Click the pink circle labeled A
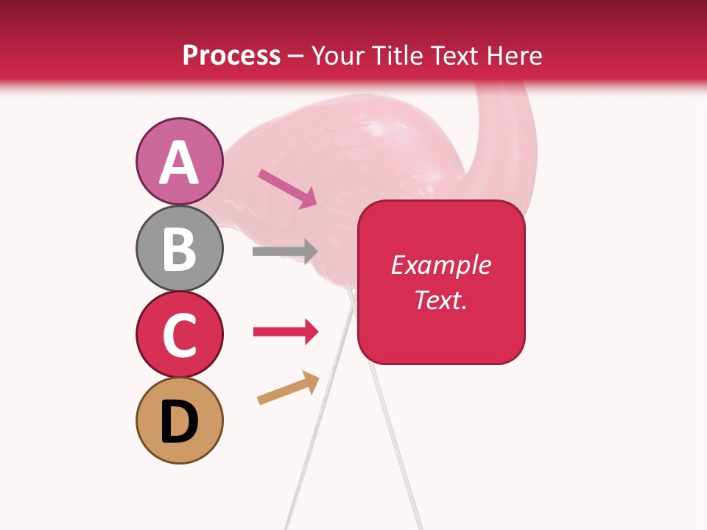[x=179, y=161]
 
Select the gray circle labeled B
[x=179, y=248]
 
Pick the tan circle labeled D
[x=179, y=420]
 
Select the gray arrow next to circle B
[x=284, y=251]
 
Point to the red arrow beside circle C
[x=285, y=332]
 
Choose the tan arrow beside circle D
[x=288, y=388]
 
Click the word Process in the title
[x=231, y=55]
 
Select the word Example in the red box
[x=440, y=265]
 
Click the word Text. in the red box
[x=440, y=300]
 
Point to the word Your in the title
[x=336, y=55]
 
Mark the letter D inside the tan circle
[x=179, y=422]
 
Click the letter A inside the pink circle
[x=179, y=163]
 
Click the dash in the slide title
[x=296, y=57]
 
